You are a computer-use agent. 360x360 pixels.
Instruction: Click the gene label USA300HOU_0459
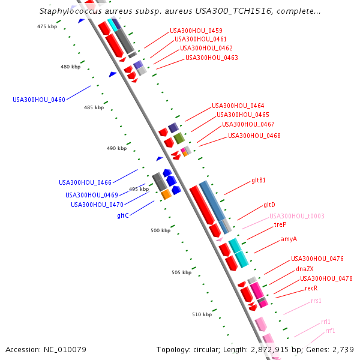(x=196, y=31)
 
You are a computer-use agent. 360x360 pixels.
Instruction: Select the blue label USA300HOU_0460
(x=39, y=100)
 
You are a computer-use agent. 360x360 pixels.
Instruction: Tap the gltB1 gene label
(x=259, y=180)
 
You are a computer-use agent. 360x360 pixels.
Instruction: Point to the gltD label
(x=269, y=205)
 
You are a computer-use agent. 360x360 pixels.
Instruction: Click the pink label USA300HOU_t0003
(x=296, y=216)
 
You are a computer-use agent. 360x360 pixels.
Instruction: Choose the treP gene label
(x=280, y=224)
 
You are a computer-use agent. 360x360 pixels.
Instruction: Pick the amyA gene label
(x=289, y=239)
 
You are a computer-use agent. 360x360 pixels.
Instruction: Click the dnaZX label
(x=304, y=269)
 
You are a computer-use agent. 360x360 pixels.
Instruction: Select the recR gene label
(x=311, y=288)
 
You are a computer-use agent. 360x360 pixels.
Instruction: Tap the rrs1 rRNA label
(x=316, y=301)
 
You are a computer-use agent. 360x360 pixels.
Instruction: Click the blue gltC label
(x=123, y=215)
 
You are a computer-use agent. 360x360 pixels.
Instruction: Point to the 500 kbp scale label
(x=160, y=230)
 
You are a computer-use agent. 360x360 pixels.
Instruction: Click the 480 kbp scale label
(x=70, y=67)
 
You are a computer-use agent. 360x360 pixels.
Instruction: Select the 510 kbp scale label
(x=202, y=314)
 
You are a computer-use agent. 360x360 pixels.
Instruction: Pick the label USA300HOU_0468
(x=254, y=136)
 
